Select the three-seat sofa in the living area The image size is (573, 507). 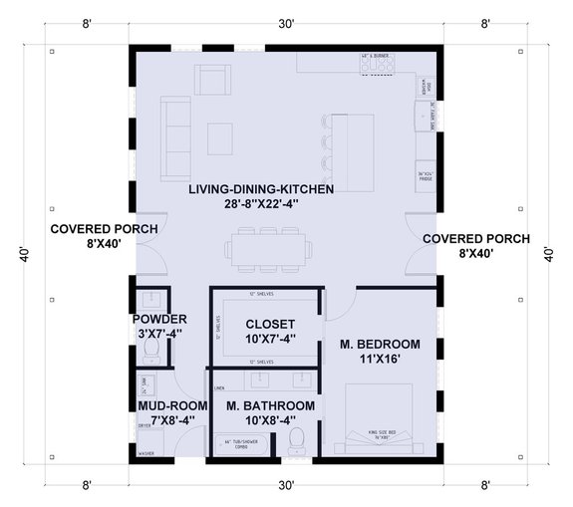click(x=176, y=134)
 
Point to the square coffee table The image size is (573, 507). click(x=221, y=134)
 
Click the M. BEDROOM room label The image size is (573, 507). click(x=380, y=344)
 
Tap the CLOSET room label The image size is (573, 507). click(x=270, y=325)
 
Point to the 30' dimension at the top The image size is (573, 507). click(x=286, y=24)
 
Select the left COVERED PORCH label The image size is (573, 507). click(x=91, y=229)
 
